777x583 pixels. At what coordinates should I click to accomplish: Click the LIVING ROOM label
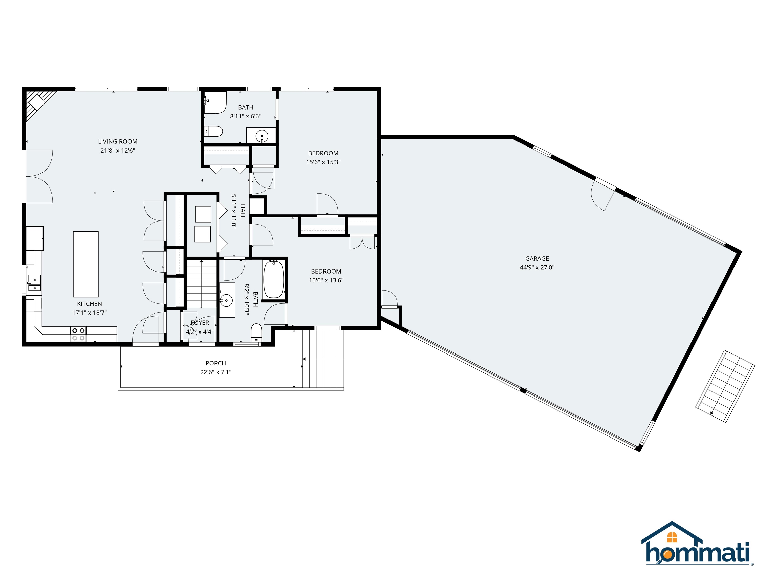117,142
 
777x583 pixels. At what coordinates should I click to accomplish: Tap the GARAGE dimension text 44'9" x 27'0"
537,267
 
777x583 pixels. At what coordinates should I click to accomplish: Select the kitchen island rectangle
86,264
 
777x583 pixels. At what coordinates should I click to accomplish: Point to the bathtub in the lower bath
273,279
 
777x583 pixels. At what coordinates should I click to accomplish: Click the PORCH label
216,363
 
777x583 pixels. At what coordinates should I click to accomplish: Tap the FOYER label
200,323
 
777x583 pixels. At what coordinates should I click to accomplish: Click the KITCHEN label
90,304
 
